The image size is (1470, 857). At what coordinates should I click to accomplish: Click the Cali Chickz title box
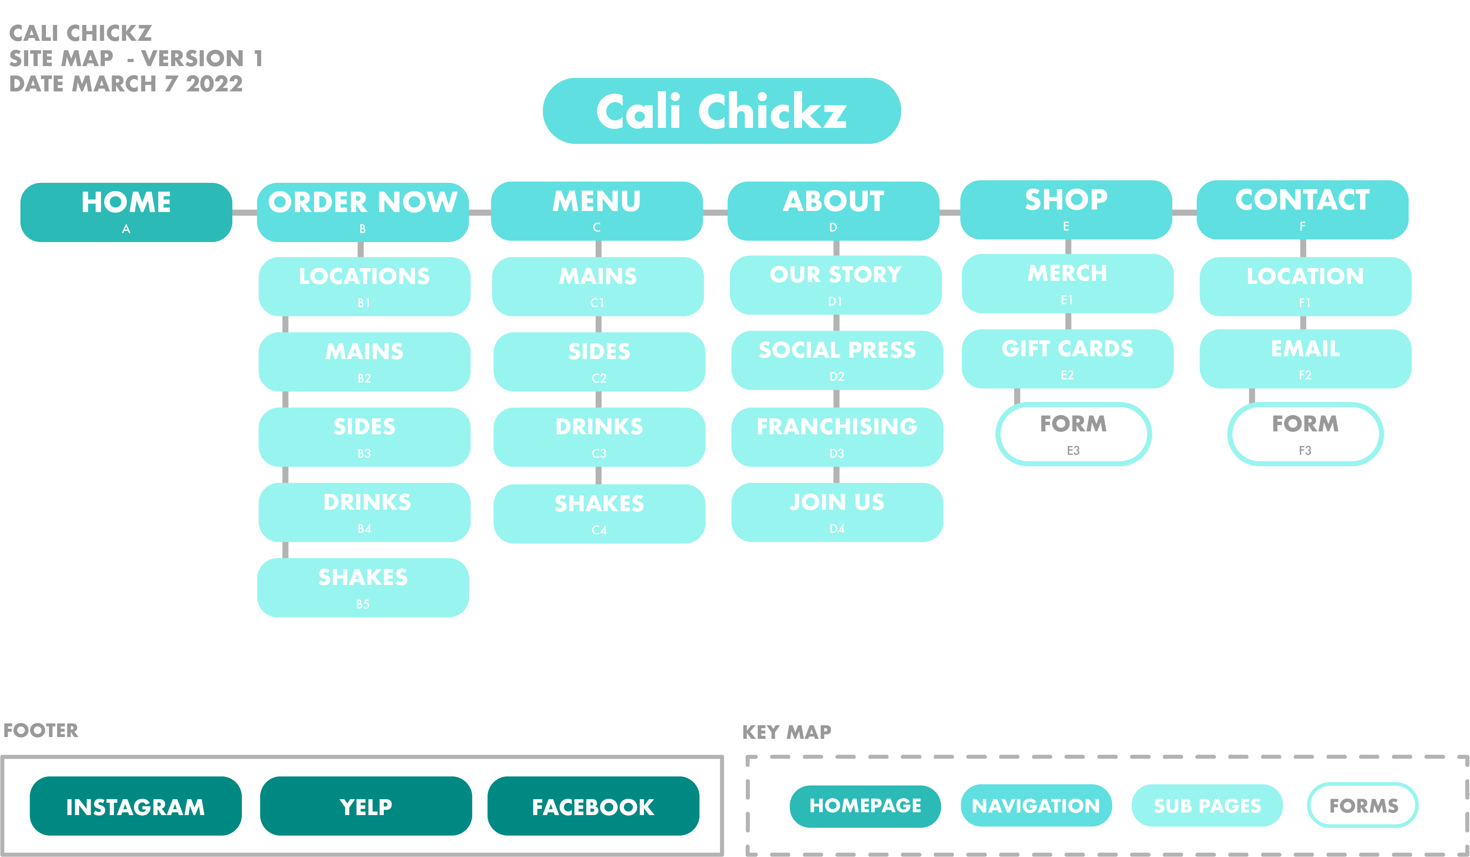click(x=722, y=111)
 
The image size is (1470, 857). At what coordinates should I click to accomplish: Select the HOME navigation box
click(x=126, y=212)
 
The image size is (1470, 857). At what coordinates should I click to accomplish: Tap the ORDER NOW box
click(x=363, y=212)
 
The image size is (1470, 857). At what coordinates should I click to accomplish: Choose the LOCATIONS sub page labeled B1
click(x=365, y=287)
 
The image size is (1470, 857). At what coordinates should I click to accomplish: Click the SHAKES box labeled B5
click(x=363, y=587)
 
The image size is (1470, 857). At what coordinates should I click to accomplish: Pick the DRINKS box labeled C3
click(x=599, y=437)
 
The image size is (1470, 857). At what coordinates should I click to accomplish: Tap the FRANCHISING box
click(x=837, y=437)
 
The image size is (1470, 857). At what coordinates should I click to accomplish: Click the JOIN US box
click(x=837, y=512)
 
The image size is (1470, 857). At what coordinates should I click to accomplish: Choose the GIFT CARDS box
click(x=1067, y=359)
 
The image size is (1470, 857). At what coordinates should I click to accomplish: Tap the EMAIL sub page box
click(x=1306, y=359)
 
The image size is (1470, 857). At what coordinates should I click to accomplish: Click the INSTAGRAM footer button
click(x=136, y=806)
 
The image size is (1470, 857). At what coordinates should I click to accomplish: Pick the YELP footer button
click(x=366, y=806)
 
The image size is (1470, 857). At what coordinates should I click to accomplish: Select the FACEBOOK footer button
click(x=593, y=806)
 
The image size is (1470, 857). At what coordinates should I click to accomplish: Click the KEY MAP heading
click(x=786, y=732)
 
